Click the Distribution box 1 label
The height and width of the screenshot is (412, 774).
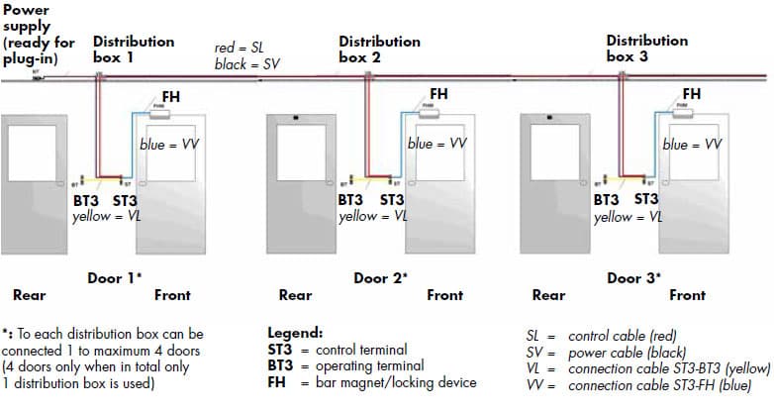pyautogui.click(x=134, y=50)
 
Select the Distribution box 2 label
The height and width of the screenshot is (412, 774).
pyautogui.click(x=379, y=50)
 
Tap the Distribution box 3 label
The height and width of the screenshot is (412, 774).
pyautogui.click(x=646, y=49)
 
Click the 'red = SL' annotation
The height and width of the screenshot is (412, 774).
pyautogui.click(x=238, y=48)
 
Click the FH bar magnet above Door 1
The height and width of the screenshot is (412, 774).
pyautogui.click(x=157, y=115)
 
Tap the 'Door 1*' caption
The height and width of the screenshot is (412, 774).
pyautogui.click(x=115, y=278)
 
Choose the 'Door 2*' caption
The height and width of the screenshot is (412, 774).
pyautogui.click(x=380, y=278)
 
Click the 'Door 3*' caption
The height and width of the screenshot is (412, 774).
pyautogui.click(x=633, y=278)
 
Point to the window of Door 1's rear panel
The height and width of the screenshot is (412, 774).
pyautogui.click(x=37, y=156)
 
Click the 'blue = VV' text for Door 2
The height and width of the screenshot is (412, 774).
pyautogui.click(x=436, y=144)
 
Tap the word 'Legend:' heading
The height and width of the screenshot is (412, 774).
pyautogui.click(x=295, y=333)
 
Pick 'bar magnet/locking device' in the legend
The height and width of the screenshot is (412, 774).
pyautogui.click(x=396, y=382)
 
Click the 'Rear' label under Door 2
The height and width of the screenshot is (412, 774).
pyautogui.click(x=296, y=295)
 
